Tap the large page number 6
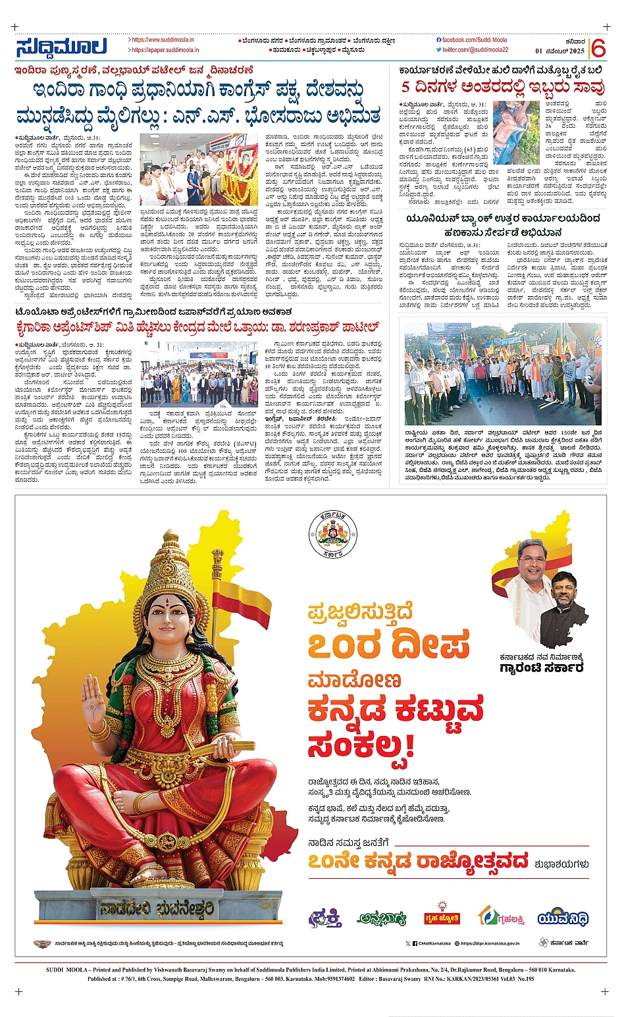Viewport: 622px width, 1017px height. tap(598, 48)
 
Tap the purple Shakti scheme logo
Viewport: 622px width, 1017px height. tap(325, 918)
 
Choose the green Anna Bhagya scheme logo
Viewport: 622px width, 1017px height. tap(381, 918)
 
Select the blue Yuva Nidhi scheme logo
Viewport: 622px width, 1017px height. tap(563, 918)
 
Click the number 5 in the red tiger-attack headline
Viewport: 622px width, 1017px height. tap(405, 86)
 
